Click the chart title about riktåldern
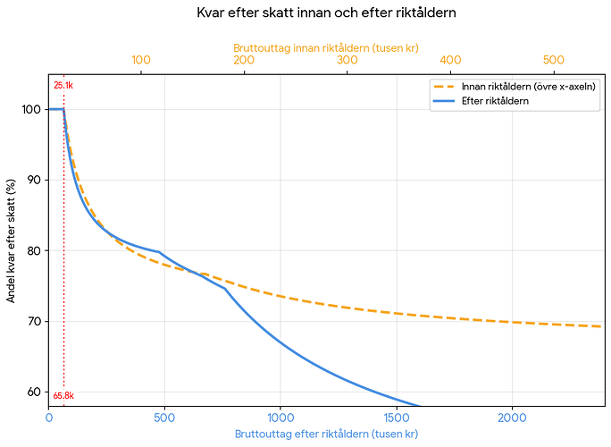(326, 13)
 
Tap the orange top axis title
(326, 48)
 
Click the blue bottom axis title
(326, 434)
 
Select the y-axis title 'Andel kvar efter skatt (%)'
(11, 240)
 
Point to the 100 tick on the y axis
(31, 109)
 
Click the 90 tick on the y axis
(34, 180)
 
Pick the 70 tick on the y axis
(34, 322)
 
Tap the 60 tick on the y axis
(34, 392)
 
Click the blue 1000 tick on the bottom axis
(280, 417)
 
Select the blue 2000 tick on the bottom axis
(512, 417)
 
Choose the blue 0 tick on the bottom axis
(49, 417)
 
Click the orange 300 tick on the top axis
(347, 60)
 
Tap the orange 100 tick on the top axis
(141, 60)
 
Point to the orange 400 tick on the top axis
(450, 60)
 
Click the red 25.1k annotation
(63, 86)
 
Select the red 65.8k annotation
(63, 396)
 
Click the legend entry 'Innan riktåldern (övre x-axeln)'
(515, 87)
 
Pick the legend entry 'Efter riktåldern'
(481, 101)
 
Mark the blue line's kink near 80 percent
(159, 252)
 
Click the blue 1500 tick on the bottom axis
(397, 417)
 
